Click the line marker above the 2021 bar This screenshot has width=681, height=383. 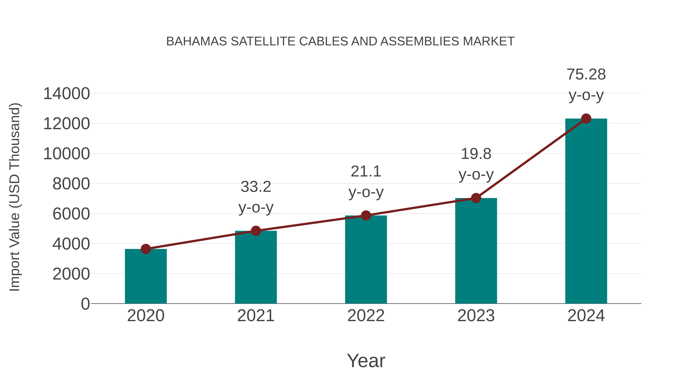[256, 231]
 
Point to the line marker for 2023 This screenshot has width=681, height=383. [476, 198]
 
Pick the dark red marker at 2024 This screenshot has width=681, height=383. [586, 119]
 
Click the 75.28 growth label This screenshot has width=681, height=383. [586, 74]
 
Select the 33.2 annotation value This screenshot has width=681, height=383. [256, 187]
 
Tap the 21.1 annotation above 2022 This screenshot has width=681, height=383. [366, 172]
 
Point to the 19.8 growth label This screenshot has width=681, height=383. [476, 154]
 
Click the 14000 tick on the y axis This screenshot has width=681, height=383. [66, 94]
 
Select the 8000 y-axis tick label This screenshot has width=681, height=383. [71, 184]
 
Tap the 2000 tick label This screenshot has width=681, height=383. [71, 274]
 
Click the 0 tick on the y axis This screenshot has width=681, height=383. [85, 304]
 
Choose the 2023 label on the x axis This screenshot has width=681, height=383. [476, 316]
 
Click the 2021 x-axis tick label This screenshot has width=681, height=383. [256, 316]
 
